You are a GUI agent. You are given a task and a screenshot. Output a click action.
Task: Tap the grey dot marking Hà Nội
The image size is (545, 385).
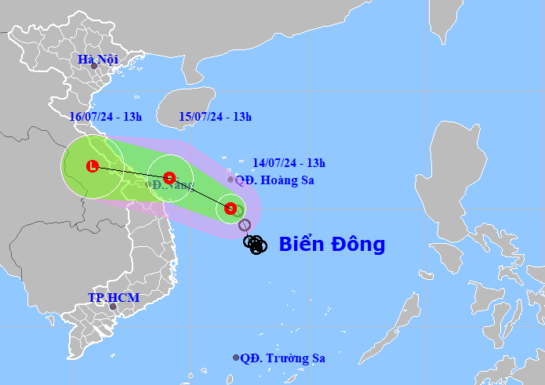[x=94, y=66]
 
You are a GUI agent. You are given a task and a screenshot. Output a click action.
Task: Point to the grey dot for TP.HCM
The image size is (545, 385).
[x=112, y=307]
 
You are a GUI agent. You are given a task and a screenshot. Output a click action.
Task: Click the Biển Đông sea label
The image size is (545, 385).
[x=332, y=244]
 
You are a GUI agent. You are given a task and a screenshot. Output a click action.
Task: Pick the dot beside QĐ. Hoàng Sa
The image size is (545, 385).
[x=231, y=180]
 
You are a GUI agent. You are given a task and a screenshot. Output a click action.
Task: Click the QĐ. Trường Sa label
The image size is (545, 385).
[x=283, y=358]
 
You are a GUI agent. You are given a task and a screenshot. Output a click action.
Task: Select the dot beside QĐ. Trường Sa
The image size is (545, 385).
[x=236, y=358]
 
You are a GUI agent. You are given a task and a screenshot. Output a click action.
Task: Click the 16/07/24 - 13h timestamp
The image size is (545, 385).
[x=105, y=117]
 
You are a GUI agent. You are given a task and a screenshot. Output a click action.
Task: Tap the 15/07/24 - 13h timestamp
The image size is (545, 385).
[x=215, y=117]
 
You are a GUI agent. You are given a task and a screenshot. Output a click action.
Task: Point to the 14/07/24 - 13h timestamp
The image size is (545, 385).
[x=289, y=163]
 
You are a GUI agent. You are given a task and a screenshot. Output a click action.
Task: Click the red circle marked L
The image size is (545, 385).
[x=93, y=166]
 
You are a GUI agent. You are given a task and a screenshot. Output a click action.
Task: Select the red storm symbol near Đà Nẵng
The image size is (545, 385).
[x=169, y=177]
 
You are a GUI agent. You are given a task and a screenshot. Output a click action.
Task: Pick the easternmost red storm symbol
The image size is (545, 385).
[x=230, y=209]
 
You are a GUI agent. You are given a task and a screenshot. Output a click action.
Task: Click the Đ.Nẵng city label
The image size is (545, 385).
[x=170, y=185]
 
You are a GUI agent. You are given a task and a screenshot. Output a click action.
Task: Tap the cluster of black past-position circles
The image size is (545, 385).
[x=256, y=245]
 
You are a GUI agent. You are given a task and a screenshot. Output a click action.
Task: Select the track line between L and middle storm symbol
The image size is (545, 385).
[x=130, y=172]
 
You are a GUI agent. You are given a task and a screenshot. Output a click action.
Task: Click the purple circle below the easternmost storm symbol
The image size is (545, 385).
[x=245, y=226]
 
